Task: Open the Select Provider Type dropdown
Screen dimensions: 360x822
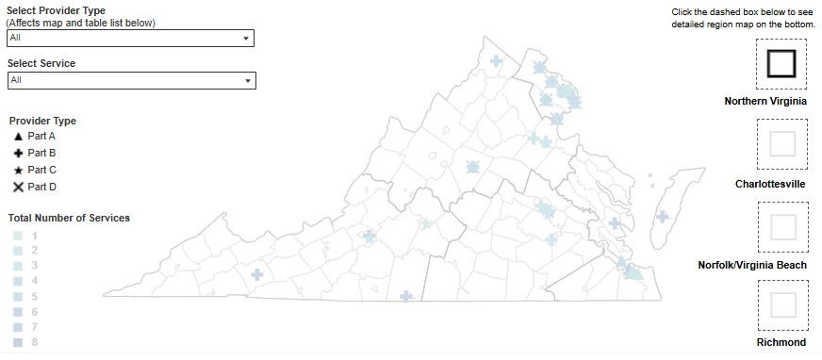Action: (x=130, y=38)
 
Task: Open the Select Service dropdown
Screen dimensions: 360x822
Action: (x=130, y=80)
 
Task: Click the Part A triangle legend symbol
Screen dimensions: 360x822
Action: (x=18, y=137)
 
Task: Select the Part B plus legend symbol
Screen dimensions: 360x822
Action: (x=18, y=153)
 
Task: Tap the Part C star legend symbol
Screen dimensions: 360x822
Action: (x=18, y=170)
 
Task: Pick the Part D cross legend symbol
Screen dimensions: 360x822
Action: (x=18, y=187)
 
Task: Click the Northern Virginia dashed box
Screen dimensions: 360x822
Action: (x=781, y=64)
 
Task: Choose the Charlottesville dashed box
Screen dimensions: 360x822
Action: (x=781, y=144)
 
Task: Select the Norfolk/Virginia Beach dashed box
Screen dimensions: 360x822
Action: (x=781, y=227)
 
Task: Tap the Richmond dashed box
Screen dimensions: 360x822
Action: (x=781, y=304)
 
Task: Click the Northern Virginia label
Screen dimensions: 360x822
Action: (x=764, y=101)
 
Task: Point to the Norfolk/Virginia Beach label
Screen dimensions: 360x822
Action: (x=751, y=266)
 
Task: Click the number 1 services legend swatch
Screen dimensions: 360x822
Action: (x=18, y=236)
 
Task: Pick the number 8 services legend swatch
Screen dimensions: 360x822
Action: (x=18, y=342)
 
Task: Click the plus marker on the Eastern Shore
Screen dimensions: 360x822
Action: (x=662, y=217)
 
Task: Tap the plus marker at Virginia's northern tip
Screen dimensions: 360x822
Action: (x=496, y=61)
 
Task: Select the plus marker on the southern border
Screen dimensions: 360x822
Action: (x=406, y=296)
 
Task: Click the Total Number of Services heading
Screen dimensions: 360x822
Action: (x=69, y=218)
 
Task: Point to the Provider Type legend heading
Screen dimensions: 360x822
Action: (x=42, y=121)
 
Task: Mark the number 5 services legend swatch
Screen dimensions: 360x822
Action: (x=18, y=296)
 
